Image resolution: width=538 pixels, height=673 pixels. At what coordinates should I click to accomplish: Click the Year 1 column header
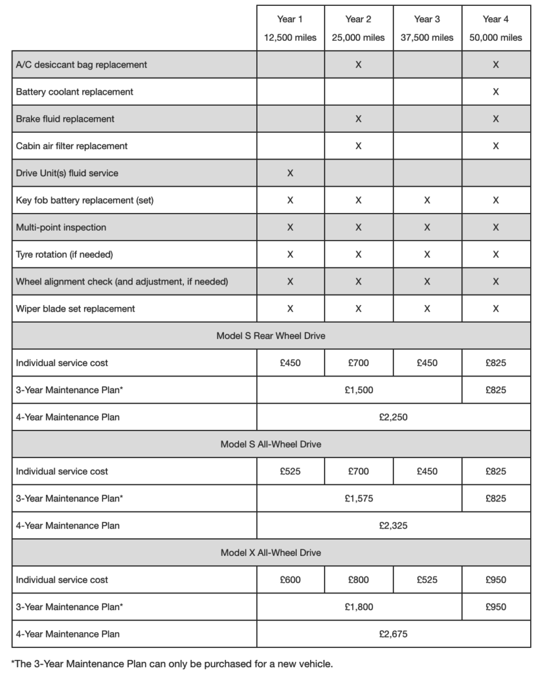pos(290,20)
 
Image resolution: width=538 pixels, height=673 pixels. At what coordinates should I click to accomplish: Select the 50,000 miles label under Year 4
pos(495,38)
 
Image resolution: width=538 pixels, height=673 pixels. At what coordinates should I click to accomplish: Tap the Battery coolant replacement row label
pos(74,92)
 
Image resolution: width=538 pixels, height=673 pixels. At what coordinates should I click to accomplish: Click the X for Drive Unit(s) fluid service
pos(290,174)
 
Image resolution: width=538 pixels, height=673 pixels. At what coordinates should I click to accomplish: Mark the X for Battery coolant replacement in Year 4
pos(495,92)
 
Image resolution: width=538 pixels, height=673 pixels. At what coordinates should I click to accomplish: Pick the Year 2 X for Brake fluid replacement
pos(358,119)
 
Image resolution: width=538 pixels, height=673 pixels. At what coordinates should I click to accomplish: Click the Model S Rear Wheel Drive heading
pos(271,336)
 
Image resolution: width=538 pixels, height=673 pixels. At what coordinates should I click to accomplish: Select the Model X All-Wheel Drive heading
pos(271,553)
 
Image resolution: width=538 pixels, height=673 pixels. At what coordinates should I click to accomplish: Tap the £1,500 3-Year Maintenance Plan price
pos(359,390)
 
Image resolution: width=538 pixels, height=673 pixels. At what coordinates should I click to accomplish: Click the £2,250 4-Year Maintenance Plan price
pos(393,417)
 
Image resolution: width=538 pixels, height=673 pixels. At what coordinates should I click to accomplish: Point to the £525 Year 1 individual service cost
pos(290,471)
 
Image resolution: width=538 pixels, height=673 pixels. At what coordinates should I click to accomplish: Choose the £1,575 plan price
pos(359,498)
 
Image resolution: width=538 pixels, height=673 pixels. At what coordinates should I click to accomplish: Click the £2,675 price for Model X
pos(393,634)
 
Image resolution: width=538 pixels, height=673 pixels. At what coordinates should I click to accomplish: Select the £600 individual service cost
pos(290,580)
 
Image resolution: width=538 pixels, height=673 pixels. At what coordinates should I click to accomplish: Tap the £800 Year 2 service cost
pos(358,580)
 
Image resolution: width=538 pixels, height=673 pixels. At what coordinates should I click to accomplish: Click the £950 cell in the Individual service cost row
pos(495,580)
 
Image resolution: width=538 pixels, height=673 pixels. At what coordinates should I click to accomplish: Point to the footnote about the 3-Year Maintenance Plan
pos(172,663)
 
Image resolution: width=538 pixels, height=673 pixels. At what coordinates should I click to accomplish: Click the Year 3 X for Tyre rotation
pos(427,254)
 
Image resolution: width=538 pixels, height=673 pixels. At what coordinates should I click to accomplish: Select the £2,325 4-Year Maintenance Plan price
pos(393,525)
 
